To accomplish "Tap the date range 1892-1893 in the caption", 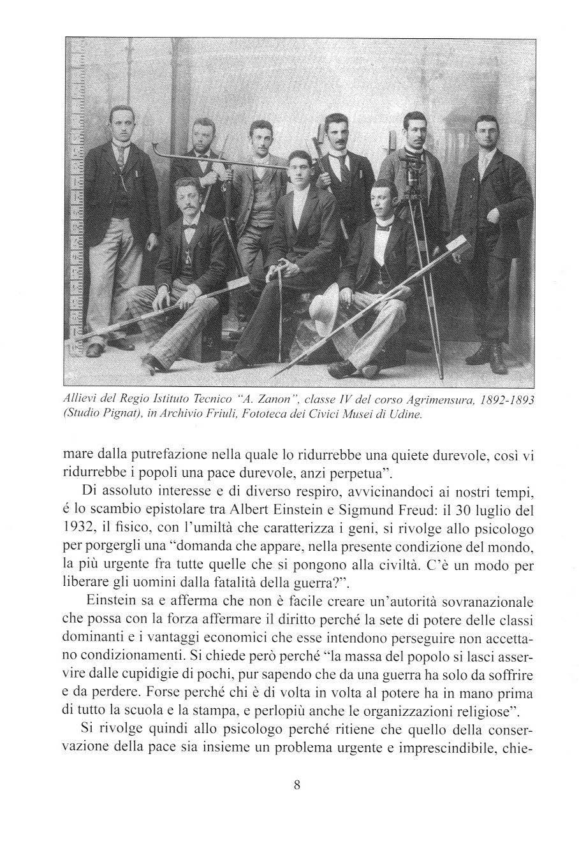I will click(497, 399).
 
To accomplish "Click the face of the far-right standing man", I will click(487, 131).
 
